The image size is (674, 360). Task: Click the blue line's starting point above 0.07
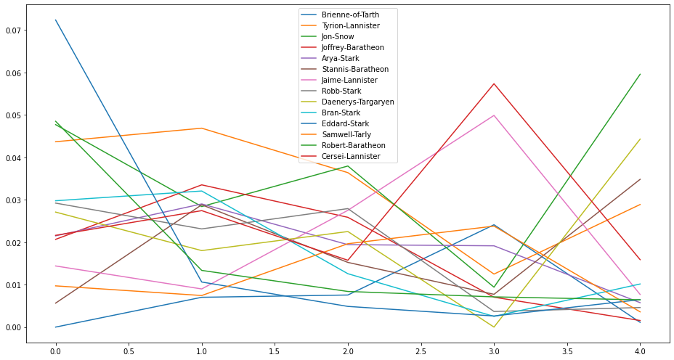(56, 20)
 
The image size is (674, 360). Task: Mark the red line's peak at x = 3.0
(494, 83)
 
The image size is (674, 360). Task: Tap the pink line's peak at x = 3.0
(494, 115)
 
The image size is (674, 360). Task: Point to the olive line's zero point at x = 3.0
(494, 327)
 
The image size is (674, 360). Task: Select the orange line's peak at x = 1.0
(202, 128)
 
